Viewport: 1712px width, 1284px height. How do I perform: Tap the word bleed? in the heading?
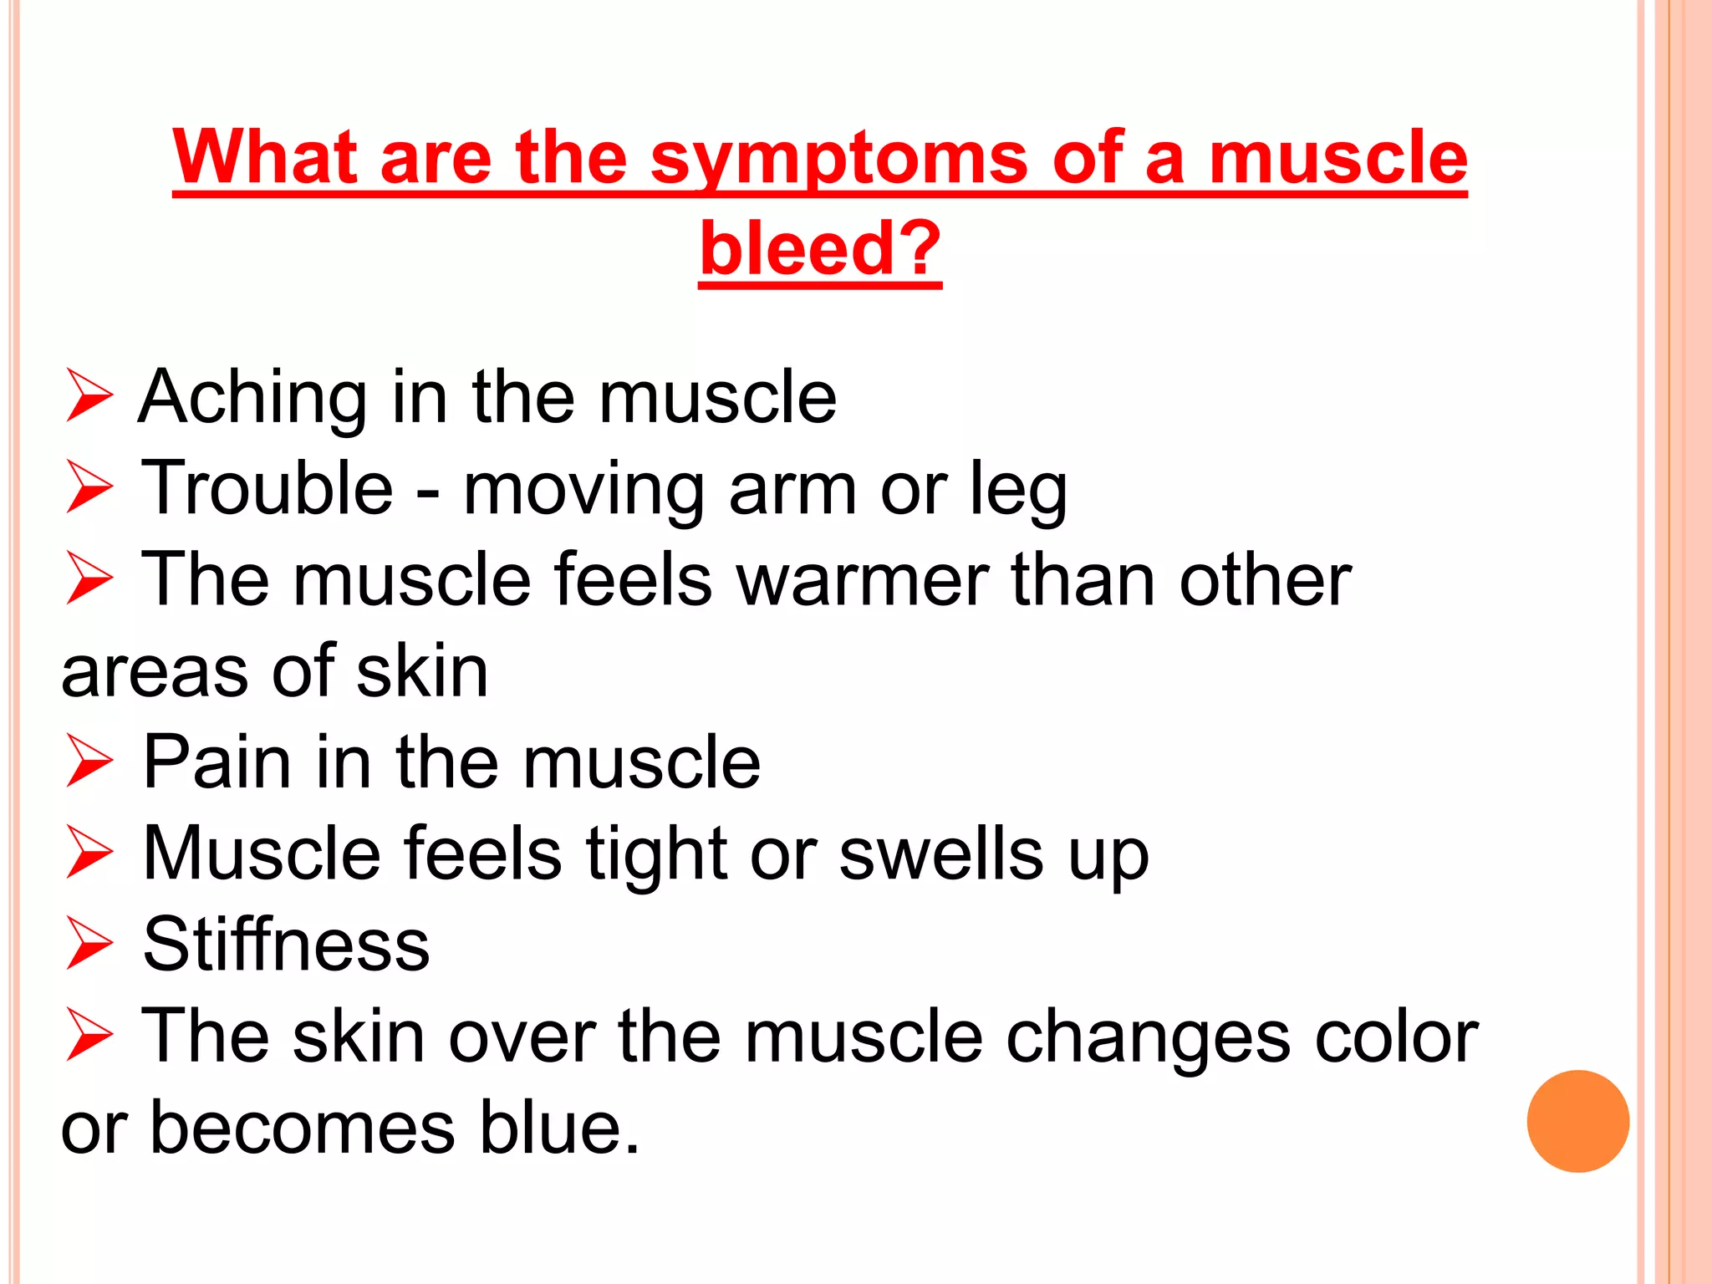pyautogui.click(x=820, y=248)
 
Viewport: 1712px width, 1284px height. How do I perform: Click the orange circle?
pyautogui.click(x=1577, y=1121)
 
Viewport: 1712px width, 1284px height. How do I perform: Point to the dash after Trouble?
pyautogui.click(x=427, y=493)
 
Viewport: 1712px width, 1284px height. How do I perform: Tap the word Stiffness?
pyautogui.click(x=287, y=945)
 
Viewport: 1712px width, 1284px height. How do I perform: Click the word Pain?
pyautogui.click(x=215, y=762)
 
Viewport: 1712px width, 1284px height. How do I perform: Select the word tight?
pyautogui.click(x=656, y=855)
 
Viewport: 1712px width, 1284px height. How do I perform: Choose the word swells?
pyautogui.click(x=941, y=853)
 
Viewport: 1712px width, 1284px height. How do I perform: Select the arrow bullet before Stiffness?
pyautogui.click(x=89, y=945)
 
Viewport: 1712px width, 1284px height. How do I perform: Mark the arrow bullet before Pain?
pyautogui.click(x=89, y=762)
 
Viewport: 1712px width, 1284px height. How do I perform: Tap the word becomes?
pyautogui.click(x=303, y=1128)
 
